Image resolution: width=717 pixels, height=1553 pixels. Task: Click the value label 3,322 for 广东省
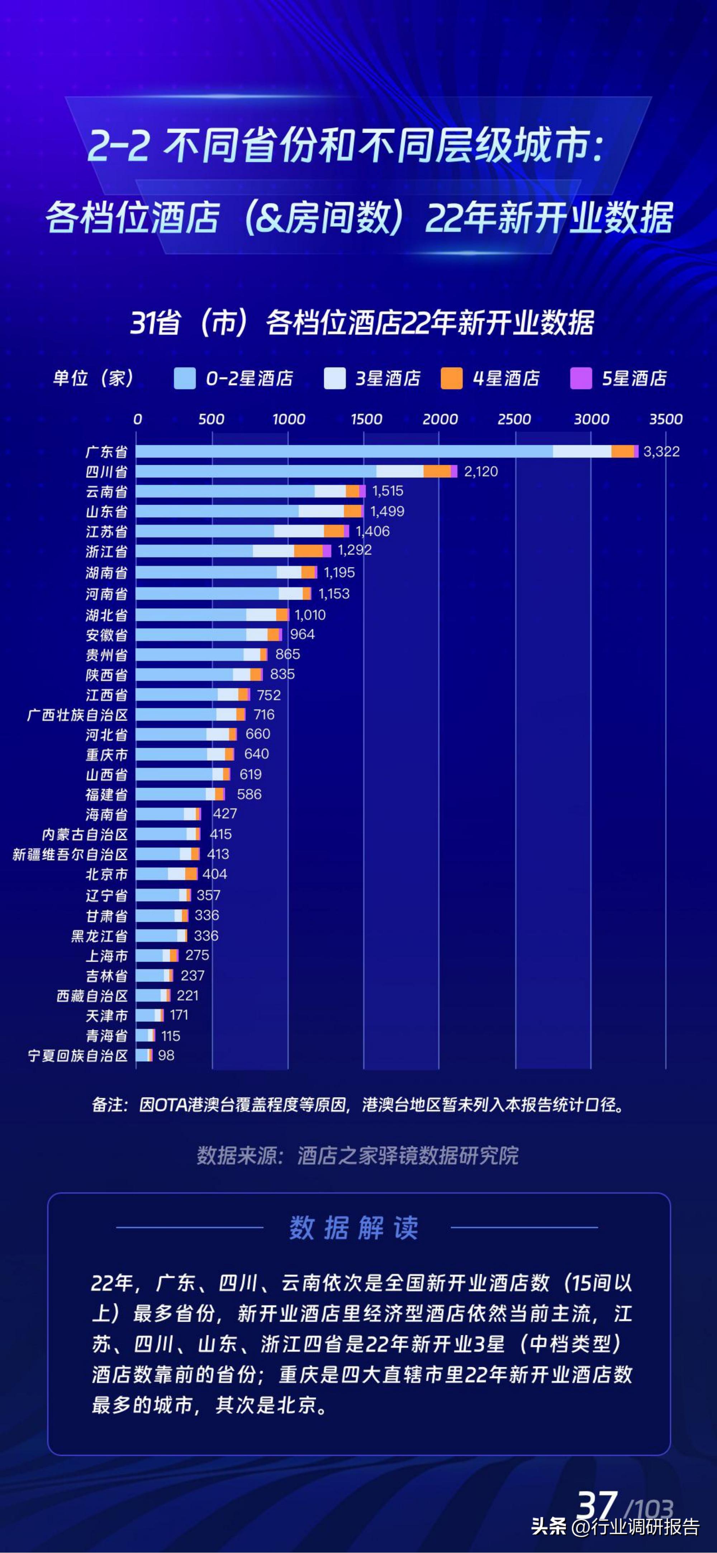pyautogui.click(x=661, y=452)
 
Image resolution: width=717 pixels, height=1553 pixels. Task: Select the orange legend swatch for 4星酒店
pyautogui.click(x=451, y=379)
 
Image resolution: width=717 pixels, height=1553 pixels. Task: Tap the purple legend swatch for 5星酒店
pyautogui.click(x=581, y=379)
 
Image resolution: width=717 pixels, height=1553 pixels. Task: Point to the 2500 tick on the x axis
pyautogui.click(x=514, y=419)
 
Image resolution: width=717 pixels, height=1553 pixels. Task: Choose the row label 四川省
pyautogui.click(x=106, y=471)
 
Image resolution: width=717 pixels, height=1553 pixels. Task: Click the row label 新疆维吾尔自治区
pyautogui.click(x=71, y=854)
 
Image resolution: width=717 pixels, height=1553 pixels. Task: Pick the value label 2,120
pyautogui.click(x=481, y=471)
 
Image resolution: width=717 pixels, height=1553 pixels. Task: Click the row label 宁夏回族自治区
pyautogui.click(x=78, y=1056)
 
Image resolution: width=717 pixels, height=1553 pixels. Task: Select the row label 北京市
pyautogui.click(x=106, y=874)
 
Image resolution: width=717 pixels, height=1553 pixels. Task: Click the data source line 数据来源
pyautogui.click(x=357, y=1156)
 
